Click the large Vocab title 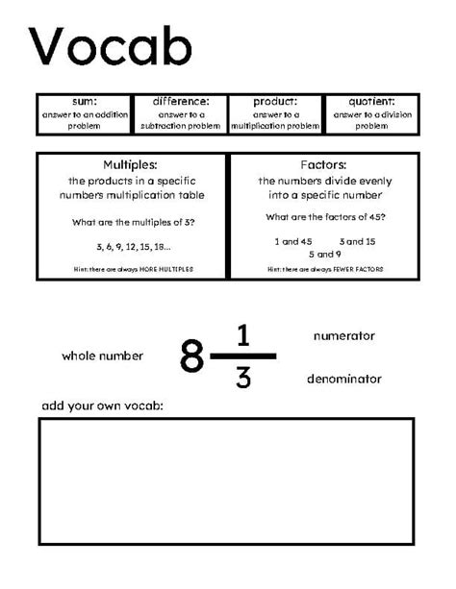[111, 46]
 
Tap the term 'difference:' [180, 101]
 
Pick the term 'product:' [274, 101]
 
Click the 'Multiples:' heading [131, 164]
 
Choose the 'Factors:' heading [323, 164]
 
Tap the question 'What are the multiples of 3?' [132, 222]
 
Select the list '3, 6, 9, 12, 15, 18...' [132, 247]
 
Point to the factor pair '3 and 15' [357, 241]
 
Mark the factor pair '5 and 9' [324, 254]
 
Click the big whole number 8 [192, 357]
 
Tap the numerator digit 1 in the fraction [243, 336]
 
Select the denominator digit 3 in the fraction [243, 378]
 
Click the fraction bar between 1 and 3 [243, 356]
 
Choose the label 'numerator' [343, 336]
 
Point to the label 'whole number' [102, 356]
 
